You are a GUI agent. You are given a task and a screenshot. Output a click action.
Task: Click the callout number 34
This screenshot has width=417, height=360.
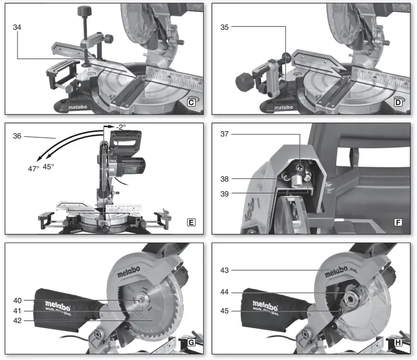17,28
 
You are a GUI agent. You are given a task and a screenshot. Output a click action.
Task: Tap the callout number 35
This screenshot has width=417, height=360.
224,28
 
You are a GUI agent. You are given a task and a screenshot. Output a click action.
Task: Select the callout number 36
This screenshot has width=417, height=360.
17,136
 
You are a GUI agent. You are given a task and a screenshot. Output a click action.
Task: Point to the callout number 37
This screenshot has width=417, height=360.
224,134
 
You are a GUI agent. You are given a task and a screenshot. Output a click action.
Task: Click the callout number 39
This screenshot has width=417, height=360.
224,193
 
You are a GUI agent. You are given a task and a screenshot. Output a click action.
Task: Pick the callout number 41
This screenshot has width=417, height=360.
17,310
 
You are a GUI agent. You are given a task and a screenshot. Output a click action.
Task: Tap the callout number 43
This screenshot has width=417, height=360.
224,270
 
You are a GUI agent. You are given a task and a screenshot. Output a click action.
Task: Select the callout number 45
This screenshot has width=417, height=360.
224,310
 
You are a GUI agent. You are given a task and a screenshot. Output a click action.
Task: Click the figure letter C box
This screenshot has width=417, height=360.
191,103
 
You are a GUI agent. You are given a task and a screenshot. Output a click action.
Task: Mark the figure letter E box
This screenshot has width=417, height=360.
191,223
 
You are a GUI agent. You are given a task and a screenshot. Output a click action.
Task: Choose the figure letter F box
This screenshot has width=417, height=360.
398,223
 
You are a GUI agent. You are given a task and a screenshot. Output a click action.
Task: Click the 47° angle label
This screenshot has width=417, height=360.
33,168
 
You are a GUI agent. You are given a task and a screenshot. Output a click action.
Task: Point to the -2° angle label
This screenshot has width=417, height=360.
121,127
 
